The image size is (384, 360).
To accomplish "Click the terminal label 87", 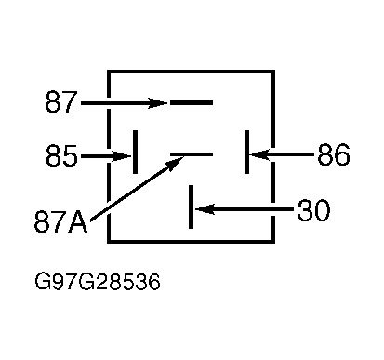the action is [60, 101].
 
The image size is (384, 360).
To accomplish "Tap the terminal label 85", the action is [61, 155].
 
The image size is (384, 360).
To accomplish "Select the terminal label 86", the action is [334, 154].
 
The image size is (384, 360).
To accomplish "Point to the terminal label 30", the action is [313, 210].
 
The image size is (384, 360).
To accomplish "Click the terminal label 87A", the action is [60, 221].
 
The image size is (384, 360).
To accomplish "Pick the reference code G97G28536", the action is [98, 282].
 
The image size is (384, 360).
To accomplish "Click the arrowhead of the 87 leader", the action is [158, 103].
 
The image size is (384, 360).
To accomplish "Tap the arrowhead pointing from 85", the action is [123, 156].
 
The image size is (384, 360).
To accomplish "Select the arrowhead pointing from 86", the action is [259, 154].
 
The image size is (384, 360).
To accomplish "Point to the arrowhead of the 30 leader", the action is [205, 209].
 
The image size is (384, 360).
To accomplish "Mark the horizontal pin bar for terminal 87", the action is [192, 102].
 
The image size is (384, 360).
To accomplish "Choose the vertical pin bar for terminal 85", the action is [135, 152].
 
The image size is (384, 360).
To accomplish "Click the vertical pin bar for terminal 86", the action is [246, 152].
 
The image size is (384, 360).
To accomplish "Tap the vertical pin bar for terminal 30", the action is [191, 207].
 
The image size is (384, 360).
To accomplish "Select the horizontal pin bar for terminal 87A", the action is [192, 154].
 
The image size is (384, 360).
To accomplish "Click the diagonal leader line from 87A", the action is [137, 189].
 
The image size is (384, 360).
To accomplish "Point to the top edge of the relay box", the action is [191, 72].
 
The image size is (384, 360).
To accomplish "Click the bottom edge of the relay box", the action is [191, 241].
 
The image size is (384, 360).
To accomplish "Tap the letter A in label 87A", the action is [78, 222].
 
